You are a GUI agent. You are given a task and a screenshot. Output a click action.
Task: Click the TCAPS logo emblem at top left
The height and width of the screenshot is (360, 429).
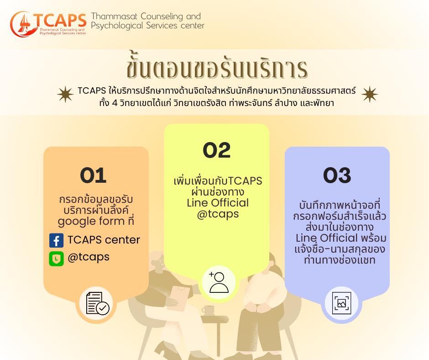[23, 24]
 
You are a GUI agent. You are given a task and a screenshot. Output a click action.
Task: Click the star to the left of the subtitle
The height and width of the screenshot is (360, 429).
[65, 94]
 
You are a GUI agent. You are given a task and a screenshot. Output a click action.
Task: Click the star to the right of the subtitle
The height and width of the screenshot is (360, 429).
[369, 94]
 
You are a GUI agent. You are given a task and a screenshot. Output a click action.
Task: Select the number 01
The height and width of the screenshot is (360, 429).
[93, 175]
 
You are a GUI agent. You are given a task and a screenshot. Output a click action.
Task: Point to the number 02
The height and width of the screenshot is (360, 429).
[217, 150]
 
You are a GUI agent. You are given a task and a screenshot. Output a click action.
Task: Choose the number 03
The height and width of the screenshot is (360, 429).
[337, 175]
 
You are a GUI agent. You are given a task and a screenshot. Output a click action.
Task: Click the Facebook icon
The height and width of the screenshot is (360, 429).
[56, 241]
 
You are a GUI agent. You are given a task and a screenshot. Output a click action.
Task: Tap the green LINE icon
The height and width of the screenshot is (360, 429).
[56, 259]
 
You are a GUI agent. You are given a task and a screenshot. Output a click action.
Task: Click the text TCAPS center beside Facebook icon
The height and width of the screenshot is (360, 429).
[104, 240]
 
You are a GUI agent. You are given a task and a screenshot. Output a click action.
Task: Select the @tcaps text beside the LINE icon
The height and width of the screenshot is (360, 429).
[89, 257]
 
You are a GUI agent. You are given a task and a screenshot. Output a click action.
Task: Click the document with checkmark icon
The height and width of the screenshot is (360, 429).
[97, 303]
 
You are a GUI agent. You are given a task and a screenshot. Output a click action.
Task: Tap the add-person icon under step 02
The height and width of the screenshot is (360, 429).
[219, 282]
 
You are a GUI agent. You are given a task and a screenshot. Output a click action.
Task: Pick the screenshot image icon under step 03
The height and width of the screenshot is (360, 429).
[341, 303]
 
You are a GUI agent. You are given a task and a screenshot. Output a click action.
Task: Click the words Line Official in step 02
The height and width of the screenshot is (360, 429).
[218, 203]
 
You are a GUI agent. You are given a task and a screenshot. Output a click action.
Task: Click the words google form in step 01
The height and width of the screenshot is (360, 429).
[91, 222]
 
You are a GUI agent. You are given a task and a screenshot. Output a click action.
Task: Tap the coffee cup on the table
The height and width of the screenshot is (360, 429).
[208, 310]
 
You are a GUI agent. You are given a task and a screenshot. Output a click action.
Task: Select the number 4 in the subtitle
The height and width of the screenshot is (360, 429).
[115, 103]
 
